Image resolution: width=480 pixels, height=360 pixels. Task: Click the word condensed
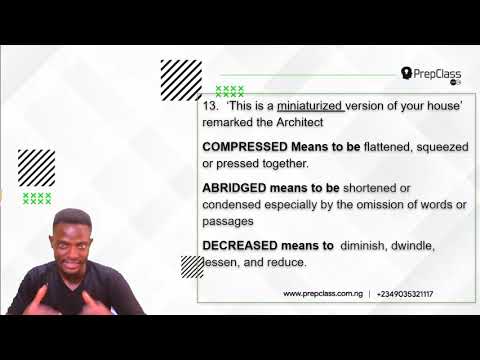232,204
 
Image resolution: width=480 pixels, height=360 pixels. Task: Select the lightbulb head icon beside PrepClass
407,73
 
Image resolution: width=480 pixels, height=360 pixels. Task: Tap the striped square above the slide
181,80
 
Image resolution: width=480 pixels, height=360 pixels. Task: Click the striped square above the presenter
37,167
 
